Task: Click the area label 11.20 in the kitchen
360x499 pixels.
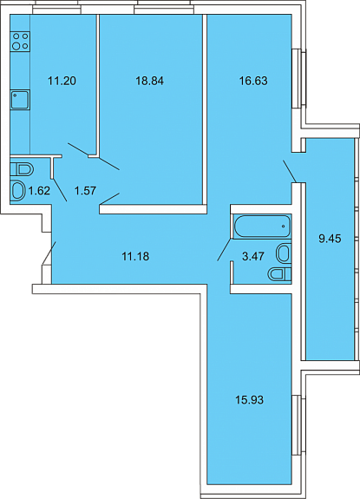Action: click(x=62, y=81)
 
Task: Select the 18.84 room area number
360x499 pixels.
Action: click(x=150, y=81)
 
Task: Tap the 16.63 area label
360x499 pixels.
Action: click(x=253, y=81)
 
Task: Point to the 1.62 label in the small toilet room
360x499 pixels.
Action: click(x=39, y=191)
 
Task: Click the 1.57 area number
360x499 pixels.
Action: click(x=85, y=191)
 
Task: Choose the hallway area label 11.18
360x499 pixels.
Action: click(x=135, y=256)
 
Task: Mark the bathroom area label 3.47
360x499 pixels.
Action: click(x=253, y=256)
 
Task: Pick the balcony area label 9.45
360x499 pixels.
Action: click(x=331, y=239)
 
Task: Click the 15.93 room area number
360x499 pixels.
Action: click(x=250, y=400)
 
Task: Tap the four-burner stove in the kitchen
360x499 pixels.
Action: click(x=20, y=42)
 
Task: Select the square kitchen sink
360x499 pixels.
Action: click(x=20, y=100)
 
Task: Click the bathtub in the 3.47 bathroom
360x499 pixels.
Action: click(x=262, y=227)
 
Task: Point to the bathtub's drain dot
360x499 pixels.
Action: click(x=284, y=227)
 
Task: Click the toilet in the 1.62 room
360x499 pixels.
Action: click(x=22, y=169)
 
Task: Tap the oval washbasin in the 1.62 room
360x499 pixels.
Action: click(x=18, y=191)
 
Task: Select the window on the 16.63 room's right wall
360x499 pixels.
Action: click(x=299, y=79)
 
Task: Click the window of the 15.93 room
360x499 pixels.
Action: click(x=299, y=425)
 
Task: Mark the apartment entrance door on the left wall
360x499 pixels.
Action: click(x=49, y=253)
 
